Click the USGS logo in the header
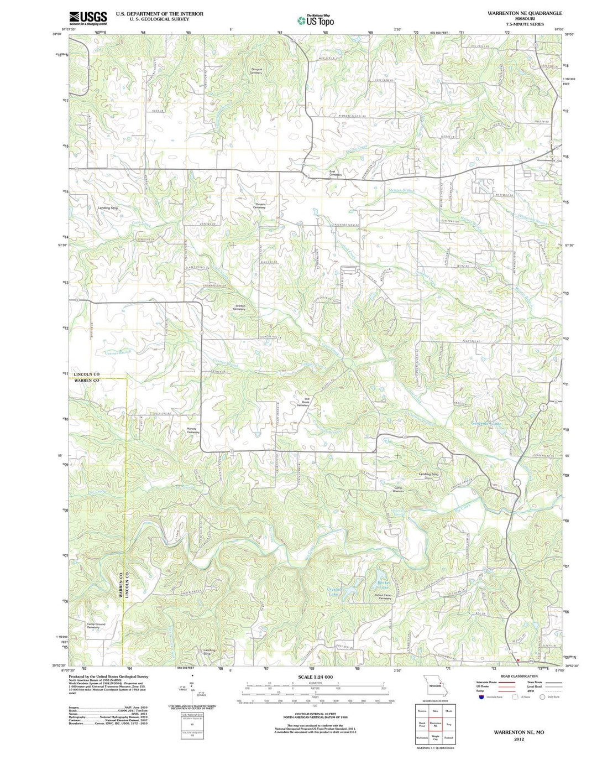[x=88, y=18]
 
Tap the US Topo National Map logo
[x=316, y=20]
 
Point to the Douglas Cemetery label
[x=255, y=71]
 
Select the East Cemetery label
[x=335, y=173]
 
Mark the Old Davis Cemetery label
[x=303, y=402]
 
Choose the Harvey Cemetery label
[x=192, y=430]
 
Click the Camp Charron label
[x=398, y=490]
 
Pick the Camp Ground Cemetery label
[x=96, y=626]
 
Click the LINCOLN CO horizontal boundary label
[x=87, y=374]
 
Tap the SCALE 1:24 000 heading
[x=316, y=677]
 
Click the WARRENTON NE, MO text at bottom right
[x=519, y=732]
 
